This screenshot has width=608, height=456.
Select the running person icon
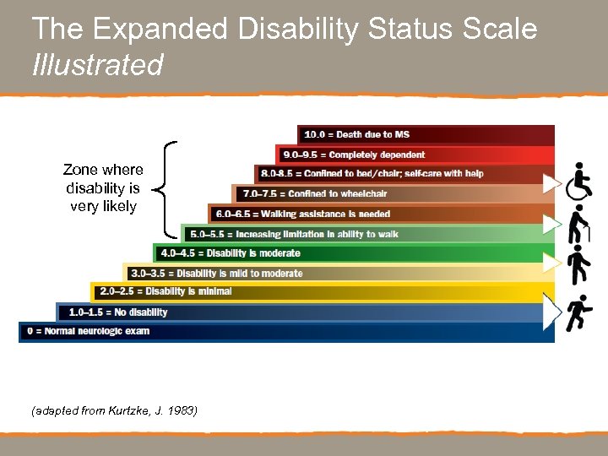[580, 312]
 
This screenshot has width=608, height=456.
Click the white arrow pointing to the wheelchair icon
[552, 182]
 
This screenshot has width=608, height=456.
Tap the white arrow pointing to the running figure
[552, 312]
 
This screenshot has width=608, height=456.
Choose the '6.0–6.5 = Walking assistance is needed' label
[302, 214]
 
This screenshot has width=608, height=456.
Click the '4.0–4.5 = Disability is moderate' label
[230, 252]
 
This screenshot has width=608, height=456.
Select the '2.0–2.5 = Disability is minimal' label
[166, 292]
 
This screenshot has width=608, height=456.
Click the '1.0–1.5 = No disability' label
[118, 312]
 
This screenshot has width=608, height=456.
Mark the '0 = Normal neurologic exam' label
[88, 331]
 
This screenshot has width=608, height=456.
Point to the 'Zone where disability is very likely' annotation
[103, 188]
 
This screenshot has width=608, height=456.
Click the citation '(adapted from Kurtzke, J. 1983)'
[114, 411]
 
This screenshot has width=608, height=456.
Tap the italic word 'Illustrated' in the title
[97, 64]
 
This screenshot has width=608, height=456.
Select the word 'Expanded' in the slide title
[160, 29]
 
